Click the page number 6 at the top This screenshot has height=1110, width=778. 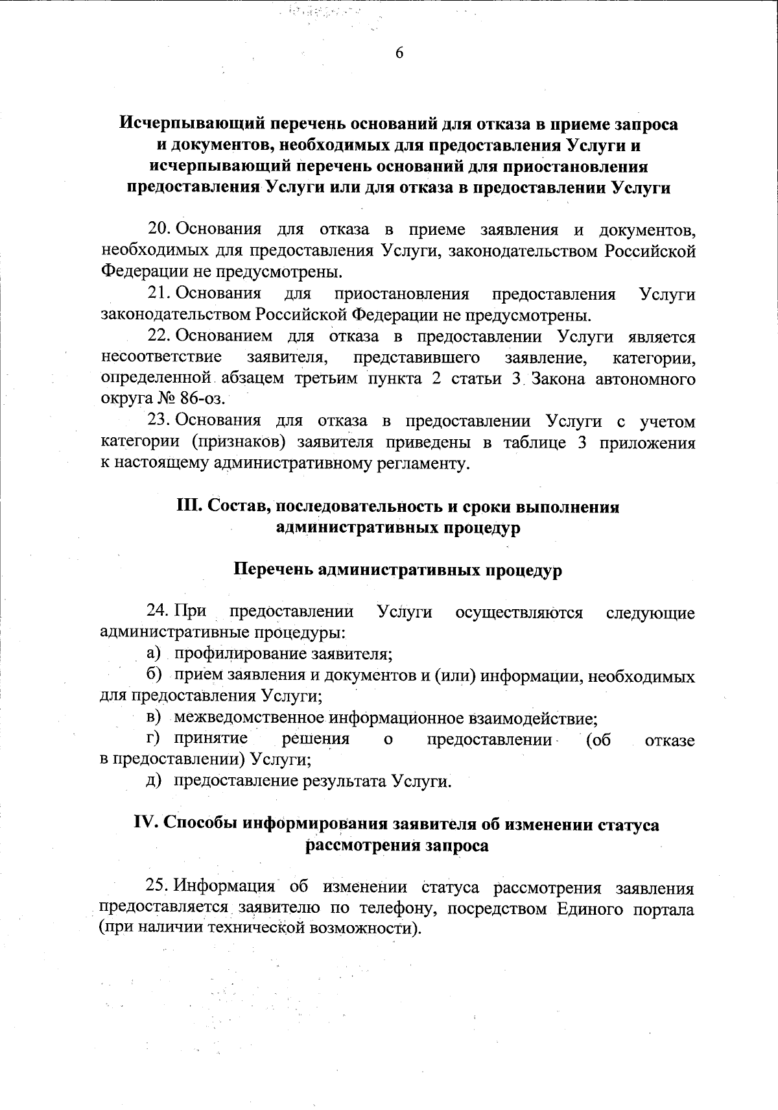coord(399,53)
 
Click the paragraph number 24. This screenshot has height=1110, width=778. coord(158,612)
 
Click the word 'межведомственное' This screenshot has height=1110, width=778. coord(249,718)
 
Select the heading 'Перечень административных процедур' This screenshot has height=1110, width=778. coord(397,570)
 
